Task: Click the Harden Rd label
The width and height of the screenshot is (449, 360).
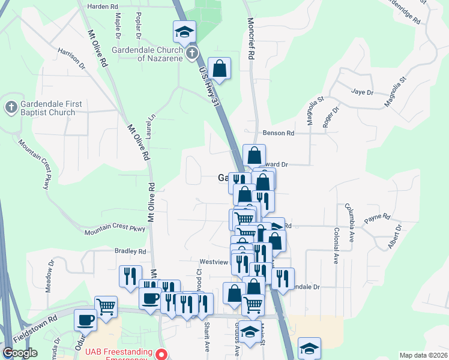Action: pos(102,7)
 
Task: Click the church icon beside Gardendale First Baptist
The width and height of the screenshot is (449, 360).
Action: pos(11,107)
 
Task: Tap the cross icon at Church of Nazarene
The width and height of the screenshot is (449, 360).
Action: pos(191,54)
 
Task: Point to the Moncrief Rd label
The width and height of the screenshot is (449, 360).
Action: pos(251,38)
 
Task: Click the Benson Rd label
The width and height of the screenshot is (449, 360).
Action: pos(278,133)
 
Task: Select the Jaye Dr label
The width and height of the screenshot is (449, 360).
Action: pos(362,92)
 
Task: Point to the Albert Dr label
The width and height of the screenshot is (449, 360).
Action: pos(394,237)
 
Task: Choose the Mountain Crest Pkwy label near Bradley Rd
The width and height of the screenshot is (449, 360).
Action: pos(115,229)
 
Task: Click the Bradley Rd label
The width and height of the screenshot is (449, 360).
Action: pos(130,251)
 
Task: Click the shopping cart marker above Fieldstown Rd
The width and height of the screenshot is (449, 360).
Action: pos(106,305)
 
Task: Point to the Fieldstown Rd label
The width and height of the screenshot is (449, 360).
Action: pos(35,327)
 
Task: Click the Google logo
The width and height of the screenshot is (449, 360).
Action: pos(19,353)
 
